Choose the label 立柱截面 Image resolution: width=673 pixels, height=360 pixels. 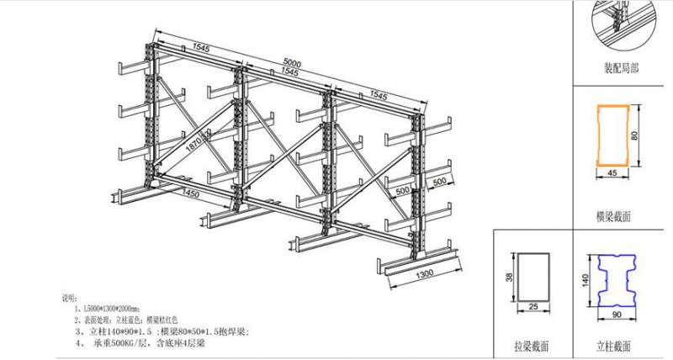click(621, 346)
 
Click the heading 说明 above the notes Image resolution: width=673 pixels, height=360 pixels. click(69, 299)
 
